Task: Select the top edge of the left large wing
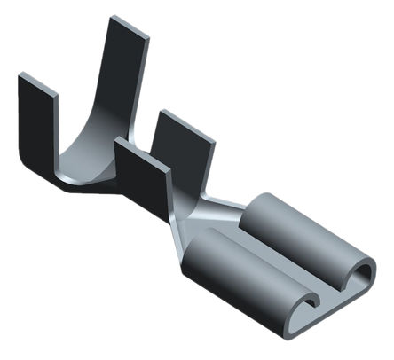click(36, 82)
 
